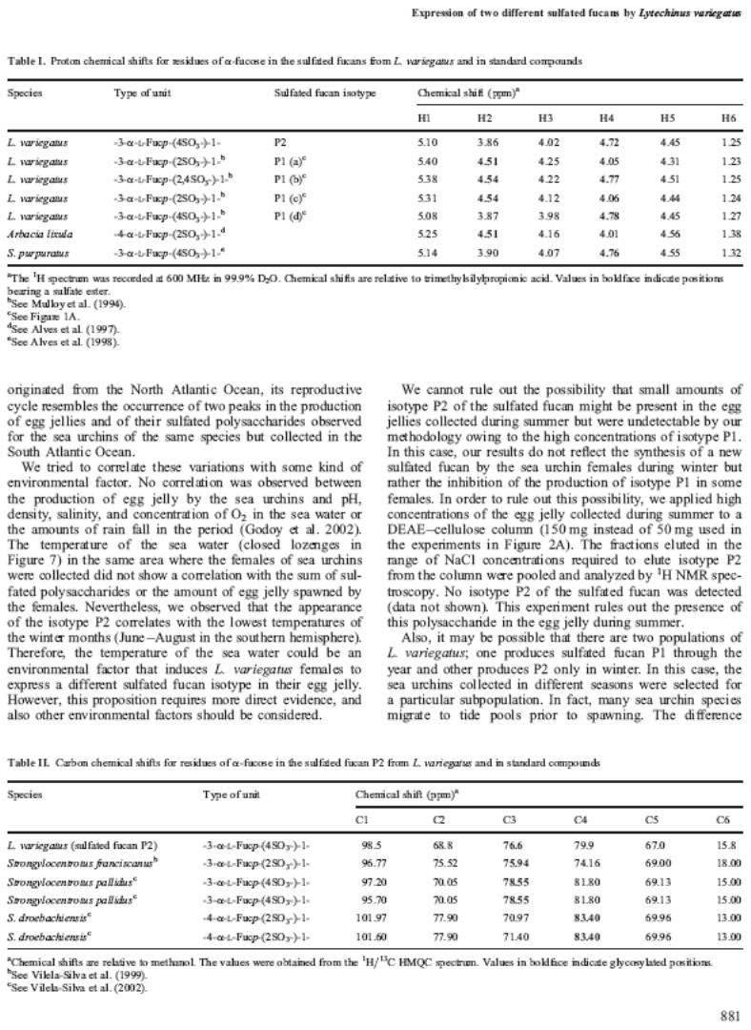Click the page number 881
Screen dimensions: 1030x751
click(728, 1016)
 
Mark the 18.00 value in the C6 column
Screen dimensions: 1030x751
click(725, 862)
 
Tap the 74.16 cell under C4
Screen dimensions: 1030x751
click(584, 862)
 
